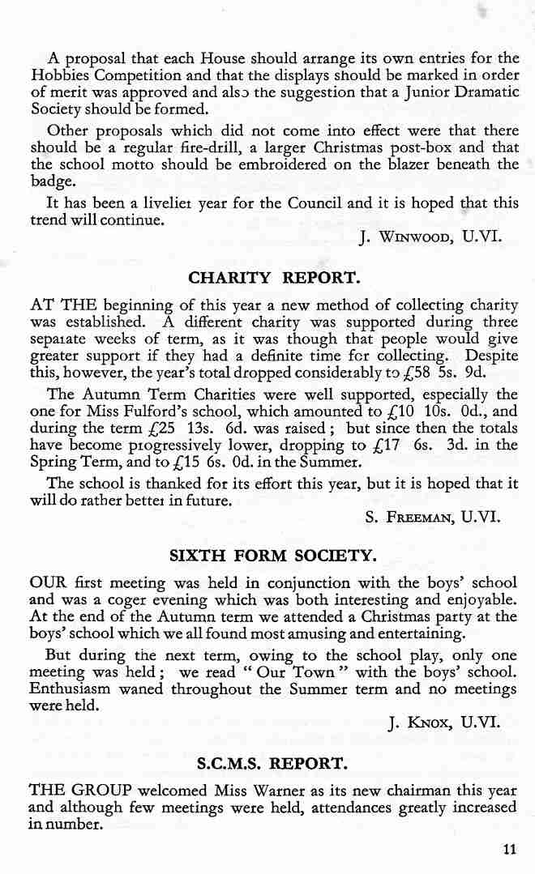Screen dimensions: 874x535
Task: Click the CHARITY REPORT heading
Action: tap(272, 278)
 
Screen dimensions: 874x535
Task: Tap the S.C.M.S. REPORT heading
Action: tap(272, 763)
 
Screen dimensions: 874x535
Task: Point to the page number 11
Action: tap(508, 850)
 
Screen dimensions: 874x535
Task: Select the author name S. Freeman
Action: tap(413, 515)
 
